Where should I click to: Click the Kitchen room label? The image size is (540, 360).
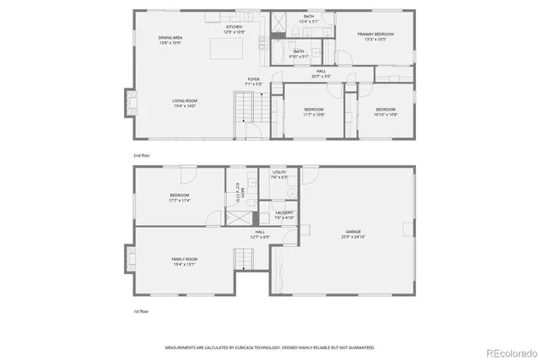[x=235, y=29]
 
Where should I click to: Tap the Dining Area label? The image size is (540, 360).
[x=171, y=40]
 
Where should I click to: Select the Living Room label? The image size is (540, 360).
[x=184, y=103]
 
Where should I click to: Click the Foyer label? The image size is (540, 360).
[x=253, y=83]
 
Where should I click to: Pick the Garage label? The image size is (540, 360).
[x=353, y=234]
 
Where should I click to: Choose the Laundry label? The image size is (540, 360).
[x=284, y=215]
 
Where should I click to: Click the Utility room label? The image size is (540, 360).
[x=280, y=175]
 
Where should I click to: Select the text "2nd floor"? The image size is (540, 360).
[x=142, y=156]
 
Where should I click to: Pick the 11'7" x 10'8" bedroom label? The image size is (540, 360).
[x=314, y=111]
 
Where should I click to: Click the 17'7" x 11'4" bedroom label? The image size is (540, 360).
[x=180, y=198]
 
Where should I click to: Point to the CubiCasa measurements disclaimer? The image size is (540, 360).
[x=269, y=347]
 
